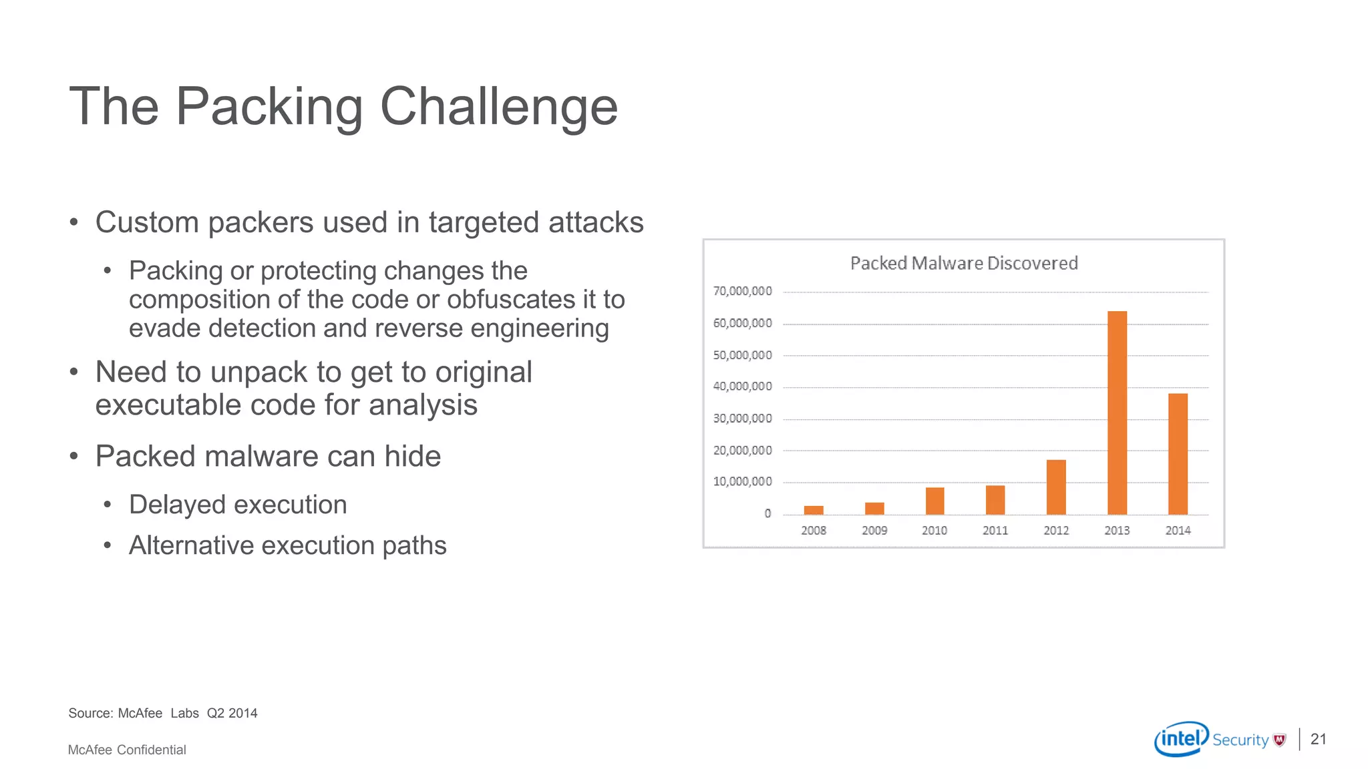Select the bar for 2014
[1178, 454]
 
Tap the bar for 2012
[1056, 487]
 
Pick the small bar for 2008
[814, 510]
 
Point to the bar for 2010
[934, 501]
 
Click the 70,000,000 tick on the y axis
[742, 291]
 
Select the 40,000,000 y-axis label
[742, 387]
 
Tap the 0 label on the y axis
[767, 513]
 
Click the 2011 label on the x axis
[995, 531]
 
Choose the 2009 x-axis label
[874, 531]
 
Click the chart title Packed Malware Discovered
[964, 263]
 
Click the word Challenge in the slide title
[498, 107]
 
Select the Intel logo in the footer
[1181, 739]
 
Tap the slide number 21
[1318, 739]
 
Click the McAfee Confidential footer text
[127, 750]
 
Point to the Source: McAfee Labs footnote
[162, 713]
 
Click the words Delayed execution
[238, 505]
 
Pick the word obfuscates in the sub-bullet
[510, 300]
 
